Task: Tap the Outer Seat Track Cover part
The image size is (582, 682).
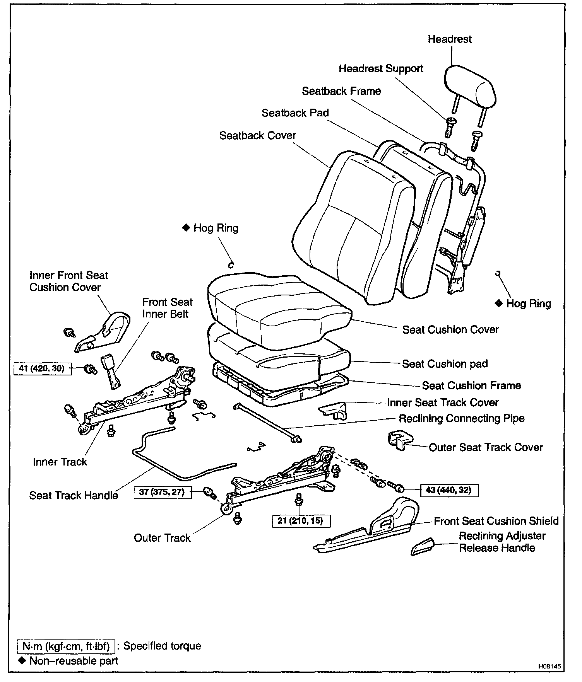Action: click(400, 440)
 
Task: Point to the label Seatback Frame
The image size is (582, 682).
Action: click(341, 91)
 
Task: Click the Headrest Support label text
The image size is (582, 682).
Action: click(381, 69)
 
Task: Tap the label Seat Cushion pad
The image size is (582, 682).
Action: click(445, 364)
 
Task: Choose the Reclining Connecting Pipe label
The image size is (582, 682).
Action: click(461, 419)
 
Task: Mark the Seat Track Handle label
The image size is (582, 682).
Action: click(74, 496)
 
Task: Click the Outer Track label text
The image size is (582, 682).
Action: click(162, 538)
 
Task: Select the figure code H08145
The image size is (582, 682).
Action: click(549, 667)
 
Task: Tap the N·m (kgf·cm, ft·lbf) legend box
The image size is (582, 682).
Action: click(66, 646)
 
